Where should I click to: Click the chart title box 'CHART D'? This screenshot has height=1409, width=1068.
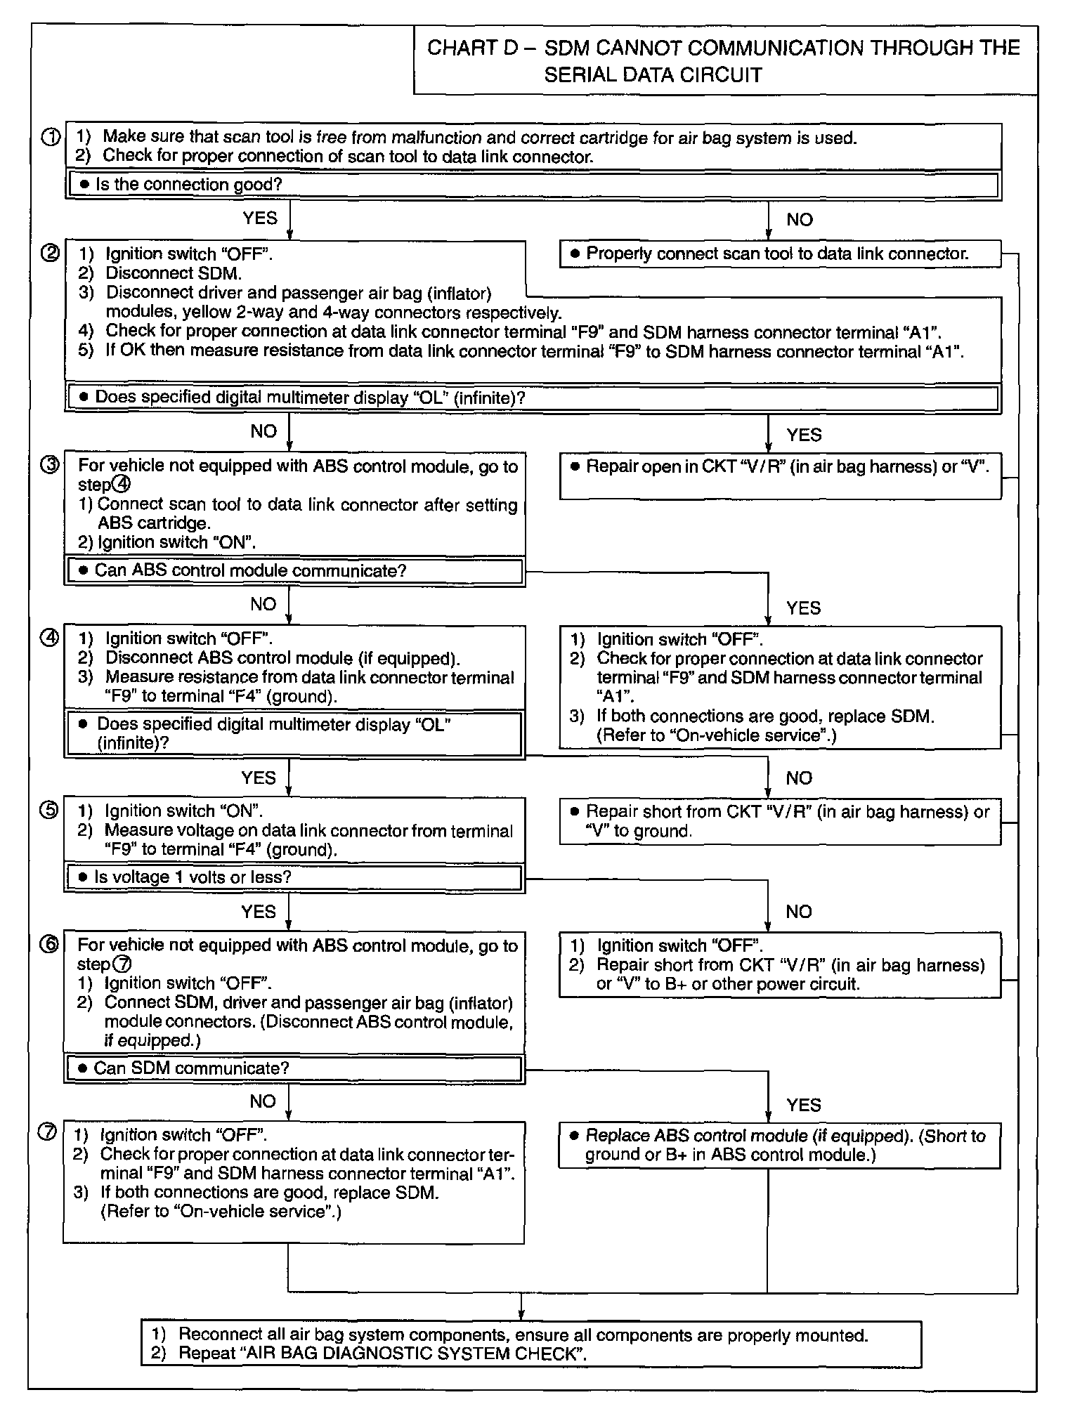click(x=724, y=60)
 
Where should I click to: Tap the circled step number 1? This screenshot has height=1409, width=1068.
click(x=51, y=138)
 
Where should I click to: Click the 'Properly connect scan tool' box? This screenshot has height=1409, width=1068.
click(x=780, y=254)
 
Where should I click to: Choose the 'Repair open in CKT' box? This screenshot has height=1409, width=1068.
click(x=780, y=476)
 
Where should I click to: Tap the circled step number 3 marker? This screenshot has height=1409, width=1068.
click(x=51, y=465)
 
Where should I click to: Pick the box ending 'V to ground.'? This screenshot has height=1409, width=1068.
click(x=780, y=821)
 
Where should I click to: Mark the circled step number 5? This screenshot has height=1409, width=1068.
click(x=51, y=811)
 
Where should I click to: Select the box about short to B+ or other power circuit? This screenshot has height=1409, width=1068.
click(x=780, y=964)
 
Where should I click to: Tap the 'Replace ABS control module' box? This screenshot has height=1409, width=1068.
click(x=780, y=1145)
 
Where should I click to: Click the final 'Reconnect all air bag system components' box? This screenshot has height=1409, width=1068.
click(x=531, y=1344)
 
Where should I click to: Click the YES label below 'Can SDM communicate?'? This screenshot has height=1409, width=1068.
click(x=804, y=1105)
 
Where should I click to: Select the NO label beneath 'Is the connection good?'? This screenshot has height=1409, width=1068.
click(x=800, y=220)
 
